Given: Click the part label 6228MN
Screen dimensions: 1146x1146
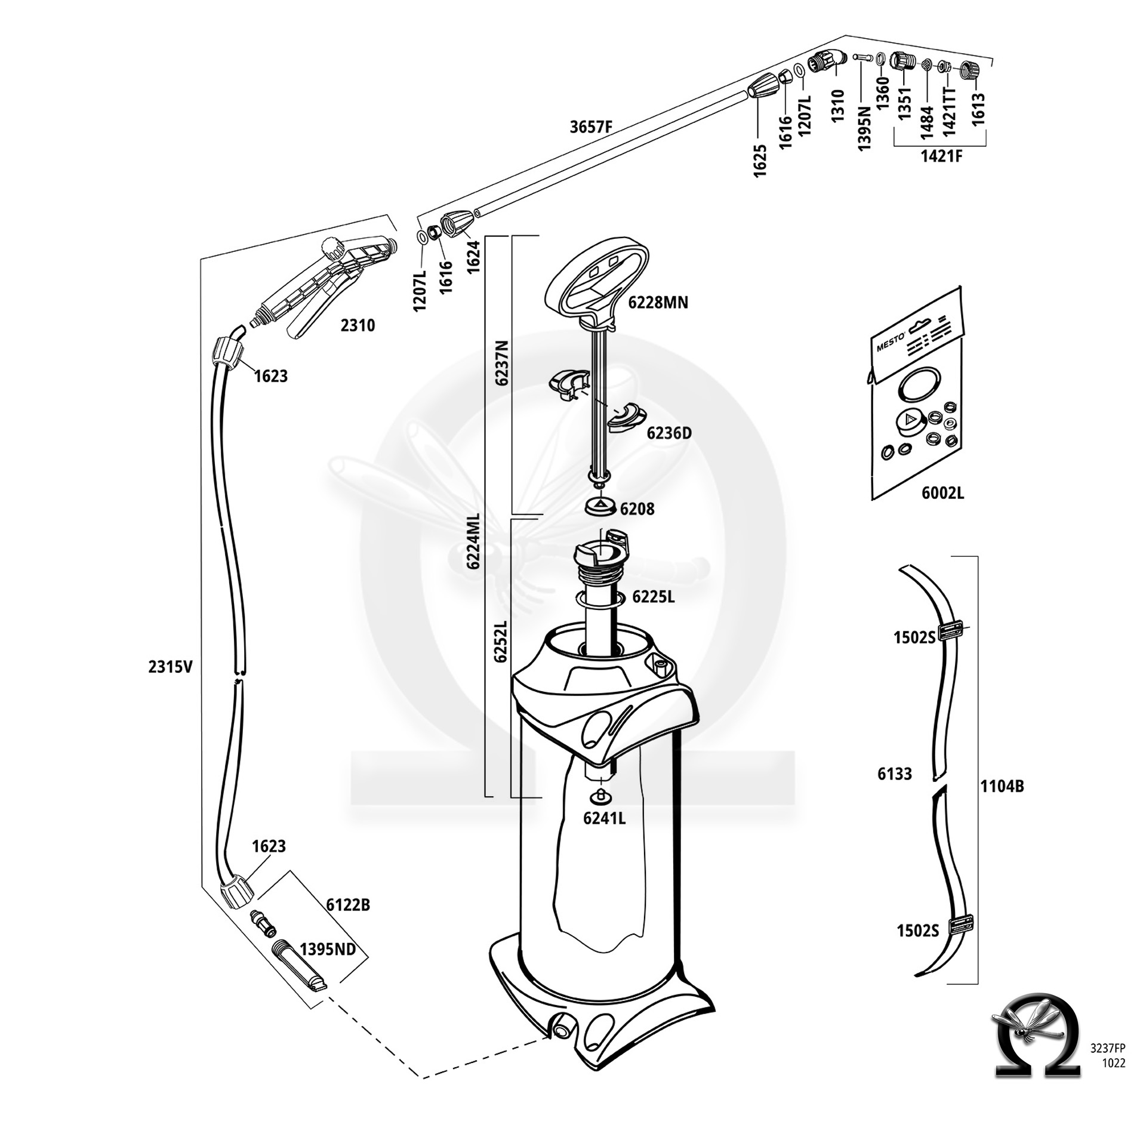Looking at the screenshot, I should [658, 303].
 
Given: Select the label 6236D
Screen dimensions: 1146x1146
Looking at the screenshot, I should [669, 433].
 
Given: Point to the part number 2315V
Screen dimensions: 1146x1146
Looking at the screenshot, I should [171, 667].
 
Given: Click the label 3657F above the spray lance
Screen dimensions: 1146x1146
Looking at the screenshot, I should [591, 127].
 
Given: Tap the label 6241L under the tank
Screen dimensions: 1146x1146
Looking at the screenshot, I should [604, 818].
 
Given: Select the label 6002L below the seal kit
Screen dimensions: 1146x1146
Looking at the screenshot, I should [942, 493].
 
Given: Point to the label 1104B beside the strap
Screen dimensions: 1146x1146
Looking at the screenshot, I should [1002, 787].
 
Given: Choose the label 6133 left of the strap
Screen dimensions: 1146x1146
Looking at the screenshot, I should [895, 774].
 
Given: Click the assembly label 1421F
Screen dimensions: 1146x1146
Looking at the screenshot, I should [941, 156].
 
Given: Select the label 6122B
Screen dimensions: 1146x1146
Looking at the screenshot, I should [348, 905].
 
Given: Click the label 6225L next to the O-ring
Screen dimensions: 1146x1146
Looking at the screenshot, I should [654, 596].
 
